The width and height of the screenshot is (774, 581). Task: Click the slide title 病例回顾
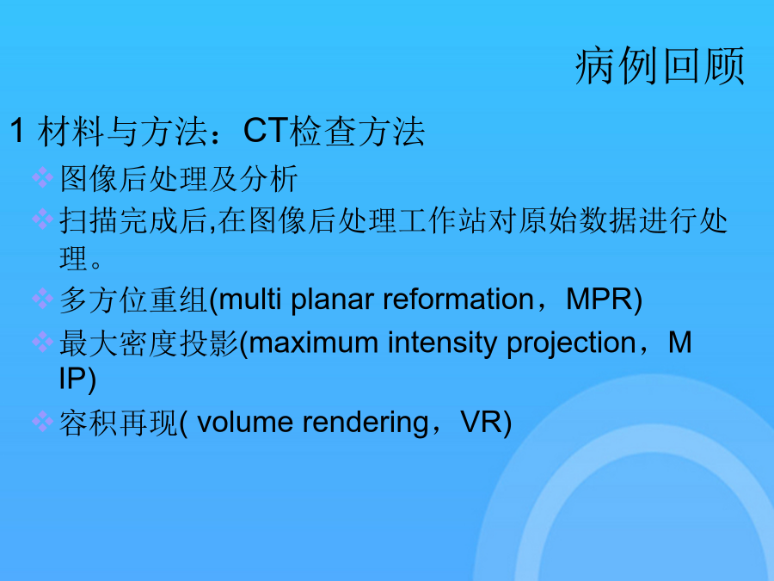tap(660, 66)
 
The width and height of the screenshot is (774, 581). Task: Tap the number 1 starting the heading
tap(17, 131)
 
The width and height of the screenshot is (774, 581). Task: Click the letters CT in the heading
tap(266, 131)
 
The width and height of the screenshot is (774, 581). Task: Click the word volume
tap(245, 423)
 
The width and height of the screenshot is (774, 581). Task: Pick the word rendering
tap(365, 423)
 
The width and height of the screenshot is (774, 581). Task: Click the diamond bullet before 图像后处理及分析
tap(42, 177)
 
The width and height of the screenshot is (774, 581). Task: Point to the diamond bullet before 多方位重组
tap(42, 299)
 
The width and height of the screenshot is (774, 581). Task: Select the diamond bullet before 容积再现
tap(42, 422)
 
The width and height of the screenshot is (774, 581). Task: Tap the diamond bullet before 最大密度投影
tap(42, 342)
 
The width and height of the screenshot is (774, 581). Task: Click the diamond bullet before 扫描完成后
tap(42, 219)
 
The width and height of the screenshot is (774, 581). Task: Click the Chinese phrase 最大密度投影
tap(149, 343)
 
